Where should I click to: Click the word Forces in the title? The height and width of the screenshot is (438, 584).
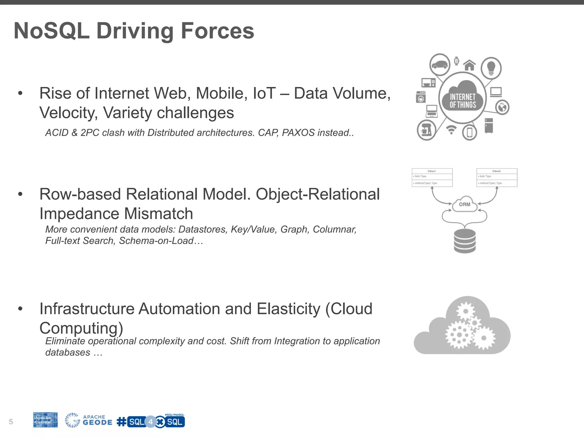click(x=217, y=31)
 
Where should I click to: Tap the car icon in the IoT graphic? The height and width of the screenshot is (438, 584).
click(x=439, y=65)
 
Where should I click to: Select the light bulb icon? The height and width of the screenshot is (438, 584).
click(x=491, y=68)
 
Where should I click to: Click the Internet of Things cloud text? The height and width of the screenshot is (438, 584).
click(x=463, y=101)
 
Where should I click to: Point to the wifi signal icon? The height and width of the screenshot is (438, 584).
click(x=451, y=130)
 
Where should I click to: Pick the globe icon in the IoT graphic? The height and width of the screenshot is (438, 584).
click(x=502, y=108)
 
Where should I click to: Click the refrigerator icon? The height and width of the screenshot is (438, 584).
click(x=489, y=126)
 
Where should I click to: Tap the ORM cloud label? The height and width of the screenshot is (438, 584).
click(x=465, y=204)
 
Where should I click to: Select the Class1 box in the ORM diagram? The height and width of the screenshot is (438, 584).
click(x=432, y=177)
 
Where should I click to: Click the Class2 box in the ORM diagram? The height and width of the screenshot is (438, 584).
click(x=497, y=177)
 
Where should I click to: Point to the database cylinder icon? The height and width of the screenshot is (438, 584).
click(x=465, y=241)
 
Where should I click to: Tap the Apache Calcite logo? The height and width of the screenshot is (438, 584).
click(x=45, y=420)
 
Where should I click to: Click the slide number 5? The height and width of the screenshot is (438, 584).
click(x=11, y=422)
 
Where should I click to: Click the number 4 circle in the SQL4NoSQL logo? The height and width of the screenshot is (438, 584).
click(x=151, y=422)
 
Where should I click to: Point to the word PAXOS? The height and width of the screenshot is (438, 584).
click(x=298, y=133)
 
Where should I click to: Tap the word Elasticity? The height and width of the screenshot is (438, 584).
click(x=288, y=309)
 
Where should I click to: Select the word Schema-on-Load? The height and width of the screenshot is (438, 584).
click(x=156, y=241)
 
